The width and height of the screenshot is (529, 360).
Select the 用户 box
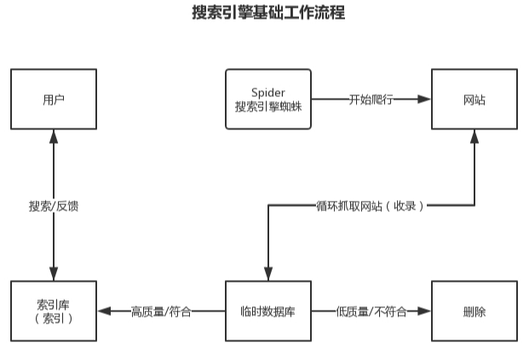tap(54, 100)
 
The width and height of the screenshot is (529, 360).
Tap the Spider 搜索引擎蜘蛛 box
tap(268, 100)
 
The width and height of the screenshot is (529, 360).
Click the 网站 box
tap(474, 100)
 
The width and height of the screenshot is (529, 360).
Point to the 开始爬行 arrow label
tap(371, 100)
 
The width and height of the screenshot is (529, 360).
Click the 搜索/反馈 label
tap(54, 205)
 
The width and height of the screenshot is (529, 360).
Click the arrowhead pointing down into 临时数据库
tap(268, 275)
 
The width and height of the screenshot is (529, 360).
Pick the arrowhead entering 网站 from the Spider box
tap(425, 100)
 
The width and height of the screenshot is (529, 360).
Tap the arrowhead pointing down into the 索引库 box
tap(54, 275)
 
